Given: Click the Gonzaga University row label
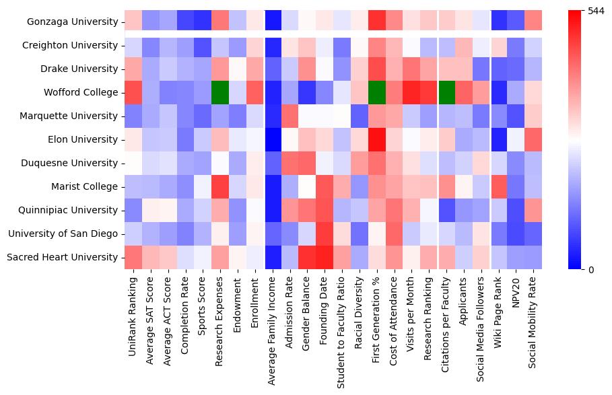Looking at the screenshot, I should point(74,22).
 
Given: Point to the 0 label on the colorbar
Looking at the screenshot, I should point(583,270).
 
